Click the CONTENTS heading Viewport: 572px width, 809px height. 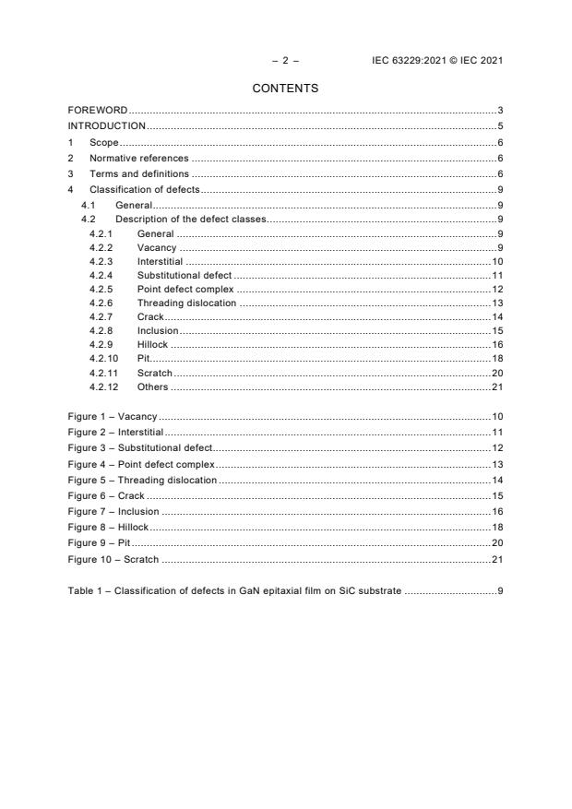tap(285, 89)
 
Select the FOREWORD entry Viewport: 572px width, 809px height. tap(97, 111)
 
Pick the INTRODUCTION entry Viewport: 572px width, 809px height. tap(106, 125)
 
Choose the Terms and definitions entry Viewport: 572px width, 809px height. tap(138, 173)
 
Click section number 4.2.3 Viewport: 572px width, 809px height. tap(101, 263)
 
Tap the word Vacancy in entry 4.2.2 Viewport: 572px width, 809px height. tap(157, 248)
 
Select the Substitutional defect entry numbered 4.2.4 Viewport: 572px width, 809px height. tap(185, 276)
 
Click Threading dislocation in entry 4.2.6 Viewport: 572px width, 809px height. tap(186, 303)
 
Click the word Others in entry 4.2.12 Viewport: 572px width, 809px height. tap(152, 387)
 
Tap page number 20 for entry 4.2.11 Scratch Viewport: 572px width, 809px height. tap(496, 373)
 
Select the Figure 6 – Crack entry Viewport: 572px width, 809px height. tap(106, 495)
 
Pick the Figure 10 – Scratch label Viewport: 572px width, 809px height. tap(113, 559)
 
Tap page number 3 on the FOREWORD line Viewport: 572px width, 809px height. tap(499, 111)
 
